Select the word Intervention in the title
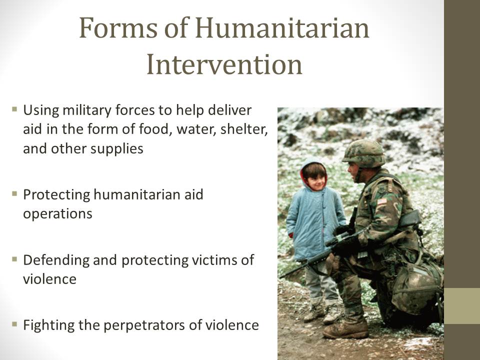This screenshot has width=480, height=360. [x=224, y=64]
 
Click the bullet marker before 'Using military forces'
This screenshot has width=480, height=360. [x=14, y=108]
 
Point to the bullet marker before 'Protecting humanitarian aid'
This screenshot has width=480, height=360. [x=14, y=193]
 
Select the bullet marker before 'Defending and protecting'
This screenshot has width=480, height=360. [x=14, y=259]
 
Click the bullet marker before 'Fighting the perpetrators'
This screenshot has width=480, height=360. [x=14, y=324]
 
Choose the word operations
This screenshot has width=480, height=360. [x=57, y=213]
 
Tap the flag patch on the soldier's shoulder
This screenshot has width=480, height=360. [x=382, y=201]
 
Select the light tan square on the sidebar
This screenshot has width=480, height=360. [x=462, y=305]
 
